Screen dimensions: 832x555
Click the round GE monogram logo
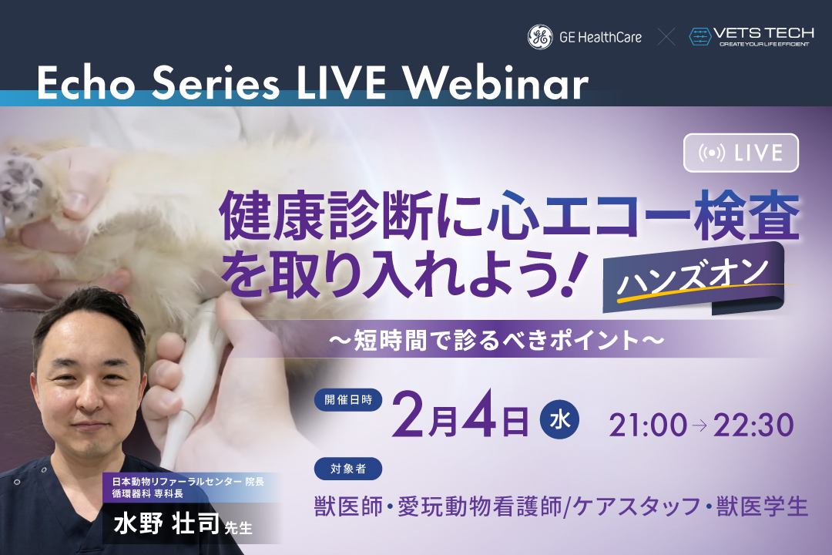[540, 37]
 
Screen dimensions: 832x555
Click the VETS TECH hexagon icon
[699, 37]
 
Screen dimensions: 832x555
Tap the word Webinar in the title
[496, 83]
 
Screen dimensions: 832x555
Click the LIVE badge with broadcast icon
[741, 153]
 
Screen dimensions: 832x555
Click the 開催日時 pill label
[348, 400]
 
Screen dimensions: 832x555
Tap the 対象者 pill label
[348, 469]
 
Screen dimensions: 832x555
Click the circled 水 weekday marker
[559, 420]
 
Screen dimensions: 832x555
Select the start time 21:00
[647, 425]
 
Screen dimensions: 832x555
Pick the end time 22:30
[753, 425]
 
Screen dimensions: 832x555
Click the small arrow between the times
[699, 425]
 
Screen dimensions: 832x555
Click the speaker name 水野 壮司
[166, 523]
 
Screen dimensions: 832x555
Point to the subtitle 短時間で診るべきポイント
[497, 340]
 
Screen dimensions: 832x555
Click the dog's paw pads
[20, 186]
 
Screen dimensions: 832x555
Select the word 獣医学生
[762, 506]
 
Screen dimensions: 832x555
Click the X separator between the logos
[666, 37]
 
